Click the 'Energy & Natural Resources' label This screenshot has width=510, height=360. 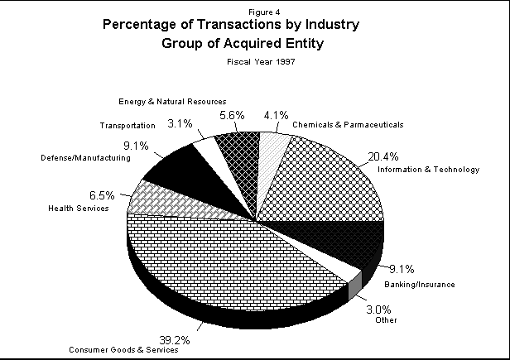pos(171,102)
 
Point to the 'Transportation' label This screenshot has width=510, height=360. pos(127,126)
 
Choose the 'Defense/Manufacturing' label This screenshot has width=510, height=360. pos(85,156)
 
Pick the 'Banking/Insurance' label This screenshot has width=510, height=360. pos(420,284)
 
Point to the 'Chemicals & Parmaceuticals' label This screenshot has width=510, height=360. pos(358,125)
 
